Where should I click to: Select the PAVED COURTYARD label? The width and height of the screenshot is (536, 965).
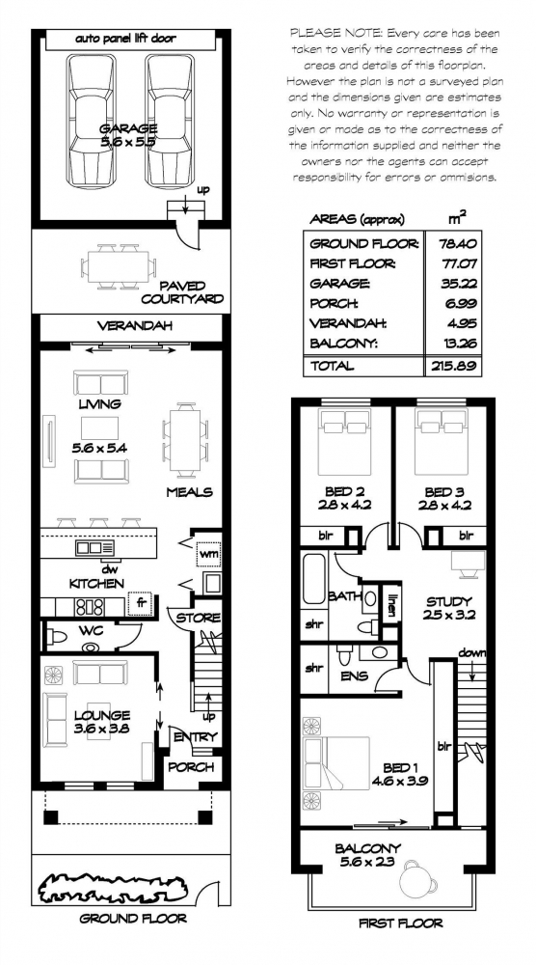coord(191,292)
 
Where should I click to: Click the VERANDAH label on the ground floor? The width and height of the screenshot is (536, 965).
coord(134,326)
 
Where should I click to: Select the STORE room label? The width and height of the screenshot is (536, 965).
coord(199,618)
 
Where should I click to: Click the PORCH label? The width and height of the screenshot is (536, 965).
coord(191,767)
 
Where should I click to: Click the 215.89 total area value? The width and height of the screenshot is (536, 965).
coord(456,367)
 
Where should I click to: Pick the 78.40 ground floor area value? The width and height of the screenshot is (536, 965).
coord(456,243)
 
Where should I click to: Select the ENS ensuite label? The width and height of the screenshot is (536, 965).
coord(353,675)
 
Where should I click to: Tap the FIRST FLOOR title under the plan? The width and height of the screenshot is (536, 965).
coord(400,924)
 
